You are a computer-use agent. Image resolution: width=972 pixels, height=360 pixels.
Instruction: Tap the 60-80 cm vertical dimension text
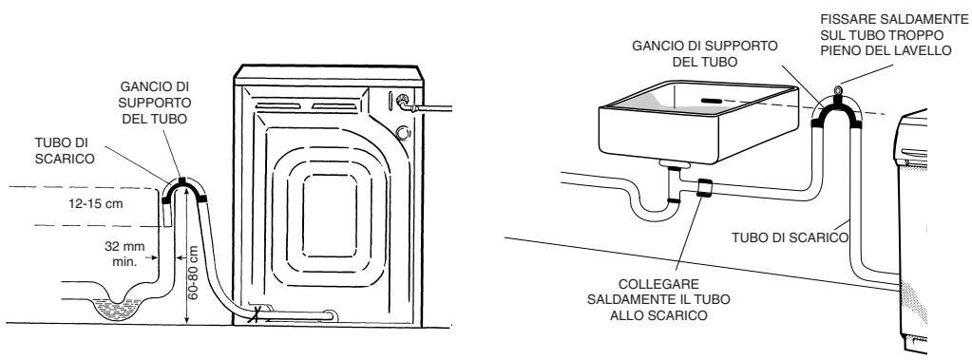click(x=193, y=274)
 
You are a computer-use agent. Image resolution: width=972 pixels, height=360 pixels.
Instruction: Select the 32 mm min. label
click(x=125, y=254)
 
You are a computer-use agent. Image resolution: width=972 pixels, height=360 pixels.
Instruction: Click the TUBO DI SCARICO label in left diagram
click(x=66, y=151)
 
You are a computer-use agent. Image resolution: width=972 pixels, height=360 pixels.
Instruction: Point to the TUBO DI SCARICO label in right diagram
click(x=790, y=237)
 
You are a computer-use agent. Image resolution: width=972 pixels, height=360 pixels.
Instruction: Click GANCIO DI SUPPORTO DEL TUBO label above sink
click(x=704, y=54)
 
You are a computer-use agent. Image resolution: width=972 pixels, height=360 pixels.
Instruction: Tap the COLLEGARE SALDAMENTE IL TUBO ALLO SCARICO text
click(x=658, y=300)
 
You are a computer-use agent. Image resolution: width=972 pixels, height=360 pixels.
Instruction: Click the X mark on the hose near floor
click(x=253, y=317)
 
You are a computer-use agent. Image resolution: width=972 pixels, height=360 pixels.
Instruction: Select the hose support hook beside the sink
click(x=836, y=109)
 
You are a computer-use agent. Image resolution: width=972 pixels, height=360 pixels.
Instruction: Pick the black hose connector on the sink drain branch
click(x=703, y=187)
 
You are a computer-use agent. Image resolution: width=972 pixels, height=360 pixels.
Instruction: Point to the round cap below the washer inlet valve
click(x=404, y=133)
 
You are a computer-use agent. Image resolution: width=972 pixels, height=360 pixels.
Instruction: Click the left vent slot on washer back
click(x=277, y=106)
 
